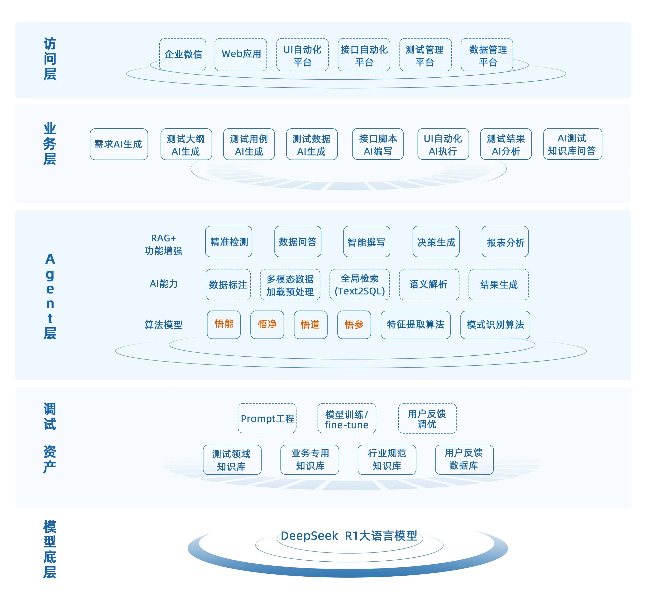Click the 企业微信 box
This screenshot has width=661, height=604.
tap(183, 55)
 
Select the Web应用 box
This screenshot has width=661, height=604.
tap(241, 55)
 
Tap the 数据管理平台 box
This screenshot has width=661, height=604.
tap(487, 55)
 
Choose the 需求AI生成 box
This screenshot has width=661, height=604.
tap(119, 144)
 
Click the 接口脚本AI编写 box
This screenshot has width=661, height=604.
tap(378, 144)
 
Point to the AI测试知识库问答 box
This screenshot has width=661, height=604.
tap(572, 144)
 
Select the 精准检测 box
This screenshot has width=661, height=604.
tap(229, 242)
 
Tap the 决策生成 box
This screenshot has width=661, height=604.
tap(436, 242)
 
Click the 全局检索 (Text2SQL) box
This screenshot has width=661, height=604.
tap(360, 285)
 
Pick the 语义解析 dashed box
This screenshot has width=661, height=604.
tap(429, 285)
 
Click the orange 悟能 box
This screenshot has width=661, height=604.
tap(224, 325)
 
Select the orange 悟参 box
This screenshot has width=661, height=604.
tap(354, 325)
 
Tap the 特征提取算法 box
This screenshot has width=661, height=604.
tap(415, 325)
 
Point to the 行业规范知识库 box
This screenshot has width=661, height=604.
tap(387, 460)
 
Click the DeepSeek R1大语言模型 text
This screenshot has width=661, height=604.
tap(349, 536)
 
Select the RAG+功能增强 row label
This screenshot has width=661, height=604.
tap(163, 244)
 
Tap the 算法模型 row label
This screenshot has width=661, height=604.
tap(163, 325)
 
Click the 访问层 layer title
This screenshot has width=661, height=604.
tap(50, 59)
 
